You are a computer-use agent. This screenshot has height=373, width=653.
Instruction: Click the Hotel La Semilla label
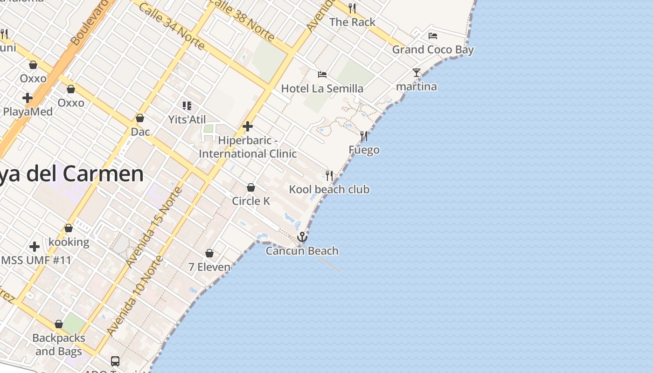tap(322, 89)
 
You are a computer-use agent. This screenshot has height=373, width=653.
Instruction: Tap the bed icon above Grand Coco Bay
tap(433, 36)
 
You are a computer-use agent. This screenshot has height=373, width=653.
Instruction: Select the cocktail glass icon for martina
tap(417, 73)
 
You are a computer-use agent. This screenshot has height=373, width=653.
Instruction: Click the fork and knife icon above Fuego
tap(364, 136)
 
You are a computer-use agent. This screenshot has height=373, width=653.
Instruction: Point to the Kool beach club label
tap(329, 189)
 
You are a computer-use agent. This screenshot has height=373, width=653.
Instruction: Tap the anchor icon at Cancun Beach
tap(302, 237)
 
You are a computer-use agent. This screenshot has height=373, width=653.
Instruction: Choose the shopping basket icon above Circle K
tap(251, 187)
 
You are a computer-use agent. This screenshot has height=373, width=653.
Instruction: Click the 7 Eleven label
tap(209, 267)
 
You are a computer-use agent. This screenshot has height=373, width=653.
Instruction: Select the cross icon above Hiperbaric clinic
tap(248, 126)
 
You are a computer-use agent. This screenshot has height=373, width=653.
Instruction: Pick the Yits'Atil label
tap(187, 119)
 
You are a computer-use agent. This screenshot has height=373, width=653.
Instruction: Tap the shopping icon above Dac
tap(140, 118)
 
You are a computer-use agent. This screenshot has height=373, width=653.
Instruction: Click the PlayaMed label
tap(28, 112)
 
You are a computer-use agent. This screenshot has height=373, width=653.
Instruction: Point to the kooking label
tap(69, 242)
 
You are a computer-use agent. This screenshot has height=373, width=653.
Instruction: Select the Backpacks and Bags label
tap(59, 345)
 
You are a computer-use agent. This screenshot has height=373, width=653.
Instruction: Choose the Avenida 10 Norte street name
tap(135, 296)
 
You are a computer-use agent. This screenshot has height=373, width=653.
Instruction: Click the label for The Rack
tap(352, 22)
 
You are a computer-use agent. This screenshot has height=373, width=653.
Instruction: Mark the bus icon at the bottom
tap(115, 361)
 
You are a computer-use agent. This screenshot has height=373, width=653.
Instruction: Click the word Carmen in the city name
tap(103, 174)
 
